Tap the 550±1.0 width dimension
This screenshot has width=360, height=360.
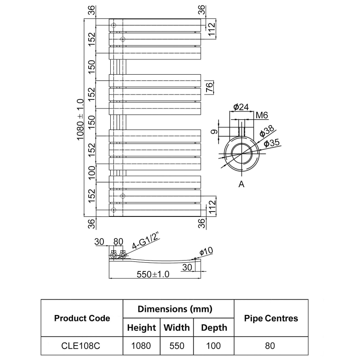153,275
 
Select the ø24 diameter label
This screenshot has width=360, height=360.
241,107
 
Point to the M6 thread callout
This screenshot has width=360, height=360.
262,115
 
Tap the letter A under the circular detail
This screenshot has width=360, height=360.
241,184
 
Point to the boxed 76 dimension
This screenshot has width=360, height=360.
209,87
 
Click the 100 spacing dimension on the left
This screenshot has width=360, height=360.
92,173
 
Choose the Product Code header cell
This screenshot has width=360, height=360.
82,318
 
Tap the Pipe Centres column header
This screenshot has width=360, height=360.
271,318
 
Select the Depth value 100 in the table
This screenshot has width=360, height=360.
214,346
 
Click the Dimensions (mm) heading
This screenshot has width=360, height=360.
175,309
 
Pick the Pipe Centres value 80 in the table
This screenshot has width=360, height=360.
270,346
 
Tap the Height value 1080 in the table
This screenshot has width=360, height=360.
141,346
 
